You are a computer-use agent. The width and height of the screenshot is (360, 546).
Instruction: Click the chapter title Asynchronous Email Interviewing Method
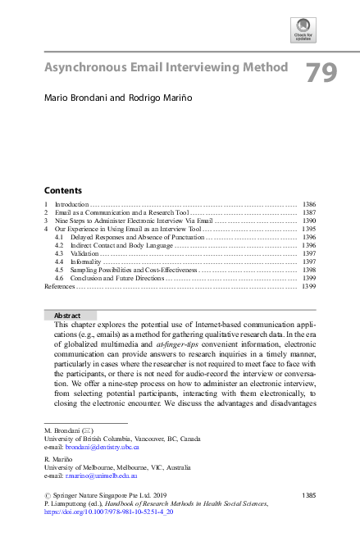coord(166,67)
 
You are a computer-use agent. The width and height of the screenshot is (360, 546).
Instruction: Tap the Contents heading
coord(62,189)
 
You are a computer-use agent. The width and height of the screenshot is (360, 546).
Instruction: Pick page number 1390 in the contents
coord(309,221)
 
